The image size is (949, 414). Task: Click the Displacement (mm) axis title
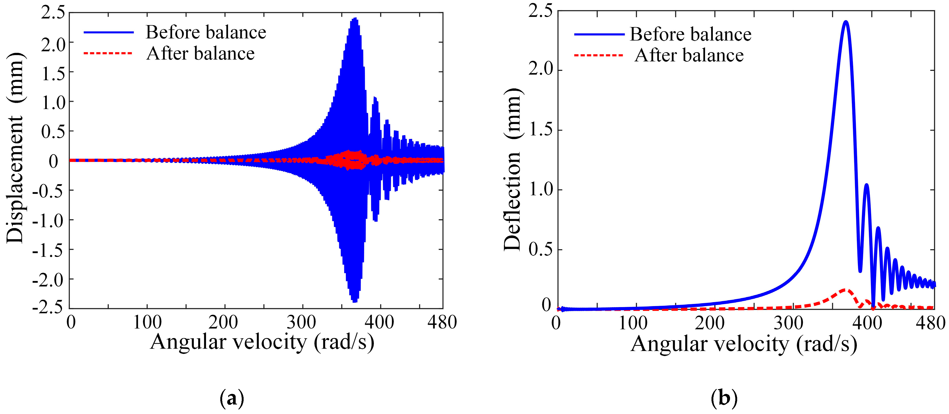(15, 148)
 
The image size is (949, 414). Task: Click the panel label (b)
(724, 399)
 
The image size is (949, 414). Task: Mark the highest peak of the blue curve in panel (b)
(846, 22)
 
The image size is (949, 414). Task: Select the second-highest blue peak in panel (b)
(866, 185)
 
